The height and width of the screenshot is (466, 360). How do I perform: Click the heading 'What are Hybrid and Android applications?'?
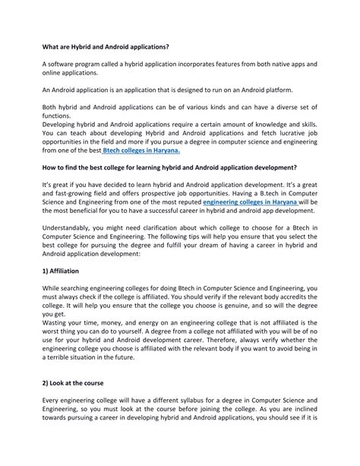106,47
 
